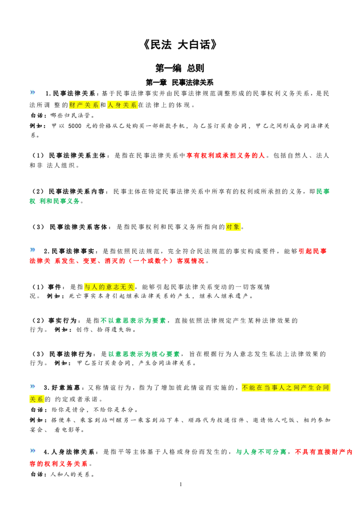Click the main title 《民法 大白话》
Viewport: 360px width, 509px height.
180,45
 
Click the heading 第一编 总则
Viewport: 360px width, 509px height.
180,68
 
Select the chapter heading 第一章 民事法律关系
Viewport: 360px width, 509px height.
180,82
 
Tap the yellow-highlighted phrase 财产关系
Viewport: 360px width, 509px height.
84,105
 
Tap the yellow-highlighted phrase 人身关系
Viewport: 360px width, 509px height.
122,105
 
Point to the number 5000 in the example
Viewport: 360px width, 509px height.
75,126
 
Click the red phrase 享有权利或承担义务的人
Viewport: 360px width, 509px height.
226,156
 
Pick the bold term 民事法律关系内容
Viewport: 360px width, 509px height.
76,192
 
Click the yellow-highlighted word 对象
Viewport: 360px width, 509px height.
233,227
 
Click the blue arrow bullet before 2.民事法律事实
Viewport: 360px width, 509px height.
32,250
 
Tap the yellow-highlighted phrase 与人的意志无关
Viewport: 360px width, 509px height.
109,287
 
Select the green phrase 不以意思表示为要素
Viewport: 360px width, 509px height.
133,321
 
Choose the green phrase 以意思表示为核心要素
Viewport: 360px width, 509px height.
144,354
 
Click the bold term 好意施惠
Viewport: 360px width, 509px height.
66,388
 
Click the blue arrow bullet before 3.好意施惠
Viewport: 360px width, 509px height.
32,386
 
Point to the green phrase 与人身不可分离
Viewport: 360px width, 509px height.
261,452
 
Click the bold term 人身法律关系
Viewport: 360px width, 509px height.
73,452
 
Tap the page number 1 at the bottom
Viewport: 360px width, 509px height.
180,485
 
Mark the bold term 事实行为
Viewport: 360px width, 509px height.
63,321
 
